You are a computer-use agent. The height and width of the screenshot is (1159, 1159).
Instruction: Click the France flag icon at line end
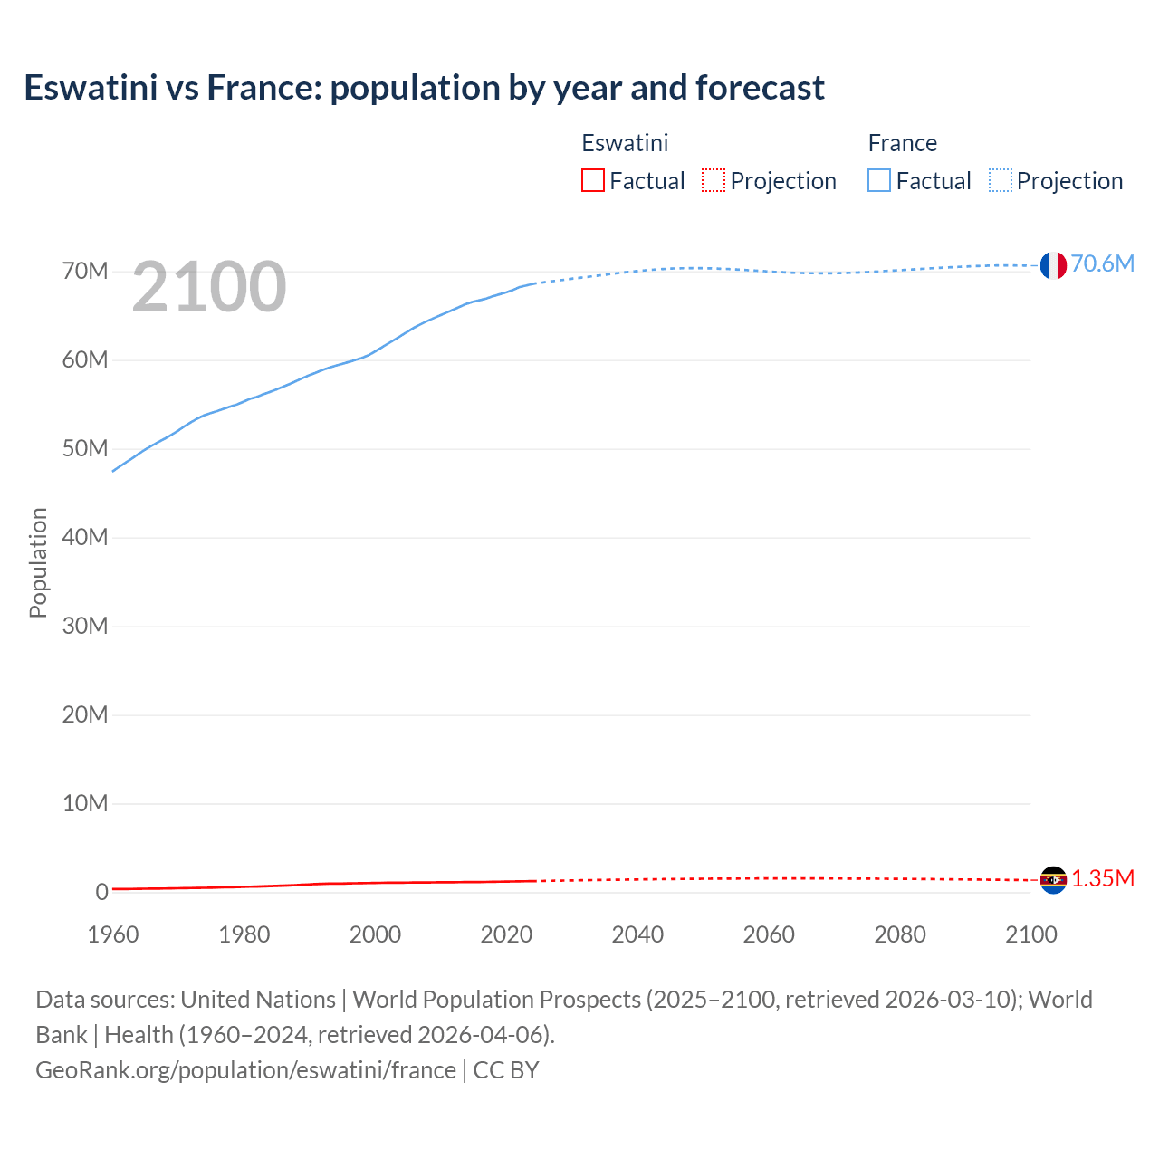coord(1053,265)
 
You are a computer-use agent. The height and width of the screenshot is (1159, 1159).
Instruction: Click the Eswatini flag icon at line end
coord(1053,879)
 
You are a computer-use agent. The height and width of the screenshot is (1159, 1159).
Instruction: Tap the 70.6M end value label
coord(1102,263)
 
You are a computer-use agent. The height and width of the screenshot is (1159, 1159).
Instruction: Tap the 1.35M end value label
coord(1103,879)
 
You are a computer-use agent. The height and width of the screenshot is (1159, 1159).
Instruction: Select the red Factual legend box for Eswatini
coord(592,180)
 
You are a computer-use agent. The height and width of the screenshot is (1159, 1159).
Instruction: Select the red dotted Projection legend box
coord(714,180)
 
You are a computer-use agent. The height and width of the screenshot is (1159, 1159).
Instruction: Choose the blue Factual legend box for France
coord(878,180)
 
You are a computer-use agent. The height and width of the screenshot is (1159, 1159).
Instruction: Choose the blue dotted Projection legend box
coord(1001,180)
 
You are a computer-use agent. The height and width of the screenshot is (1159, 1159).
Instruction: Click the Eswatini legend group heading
coord(625,143)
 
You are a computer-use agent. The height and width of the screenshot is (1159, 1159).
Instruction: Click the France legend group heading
coord(902,143)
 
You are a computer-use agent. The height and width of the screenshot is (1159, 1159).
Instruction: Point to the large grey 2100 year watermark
coord(209,288)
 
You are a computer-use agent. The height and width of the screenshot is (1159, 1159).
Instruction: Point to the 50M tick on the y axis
coord(85,449)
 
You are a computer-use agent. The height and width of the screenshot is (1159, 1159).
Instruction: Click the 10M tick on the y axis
coord(85,804)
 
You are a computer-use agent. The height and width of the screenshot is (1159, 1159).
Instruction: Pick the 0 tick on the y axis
coord(101,893)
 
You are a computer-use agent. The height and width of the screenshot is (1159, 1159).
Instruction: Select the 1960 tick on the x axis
coord(113,934)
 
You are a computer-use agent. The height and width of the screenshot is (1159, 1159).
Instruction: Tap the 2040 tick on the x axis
coord(637,934)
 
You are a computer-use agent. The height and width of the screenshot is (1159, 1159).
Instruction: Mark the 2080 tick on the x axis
coord(900,934)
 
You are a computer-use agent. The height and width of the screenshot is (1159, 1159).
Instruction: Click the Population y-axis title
coord(38,562)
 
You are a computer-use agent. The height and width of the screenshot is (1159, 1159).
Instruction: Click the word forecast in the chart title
coord(760,88)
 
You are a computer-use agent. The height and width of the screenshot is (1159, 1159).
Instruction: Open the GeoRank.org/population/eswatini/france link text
coord(245,1070)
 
